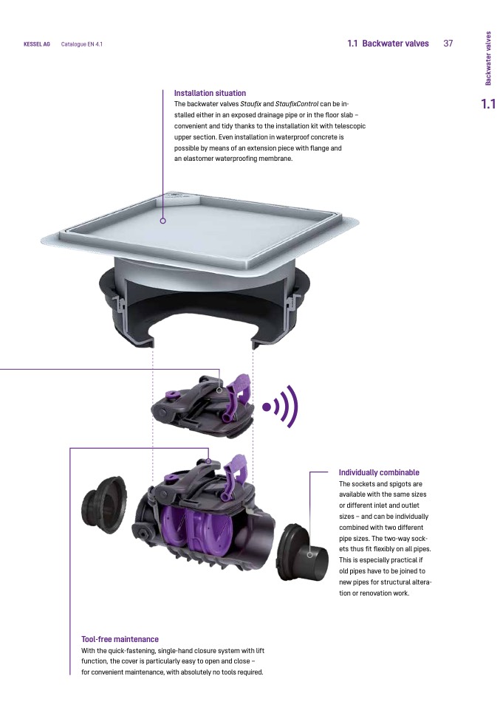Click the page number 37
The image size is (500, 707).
(448, 44)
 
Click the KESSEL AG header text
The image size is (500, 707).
(36, 44)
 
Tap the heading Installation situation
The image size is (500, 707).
(210, 93)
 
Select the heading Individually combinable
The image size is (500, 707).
(379, 472)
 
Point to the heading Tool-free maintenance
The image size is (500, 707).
(120, 639)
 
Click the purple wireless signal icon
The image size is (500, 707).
(281, 407)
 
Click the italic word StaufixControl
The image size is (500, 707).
(296, 104)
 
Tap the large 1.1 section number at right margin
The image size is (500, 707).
(488, 104)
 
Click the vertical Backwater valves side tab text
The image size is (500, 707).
(488, 58)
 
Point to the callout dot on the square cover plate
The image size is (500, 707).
(163, 221)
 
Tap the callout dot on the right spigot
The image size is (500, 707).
(310, 554)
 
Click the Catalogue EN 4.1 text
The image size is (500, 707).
(82, 44)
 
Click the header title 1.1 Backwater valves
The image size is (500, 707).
(388, 44)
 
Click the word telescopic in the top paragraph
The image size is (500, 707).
(350, 126)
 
